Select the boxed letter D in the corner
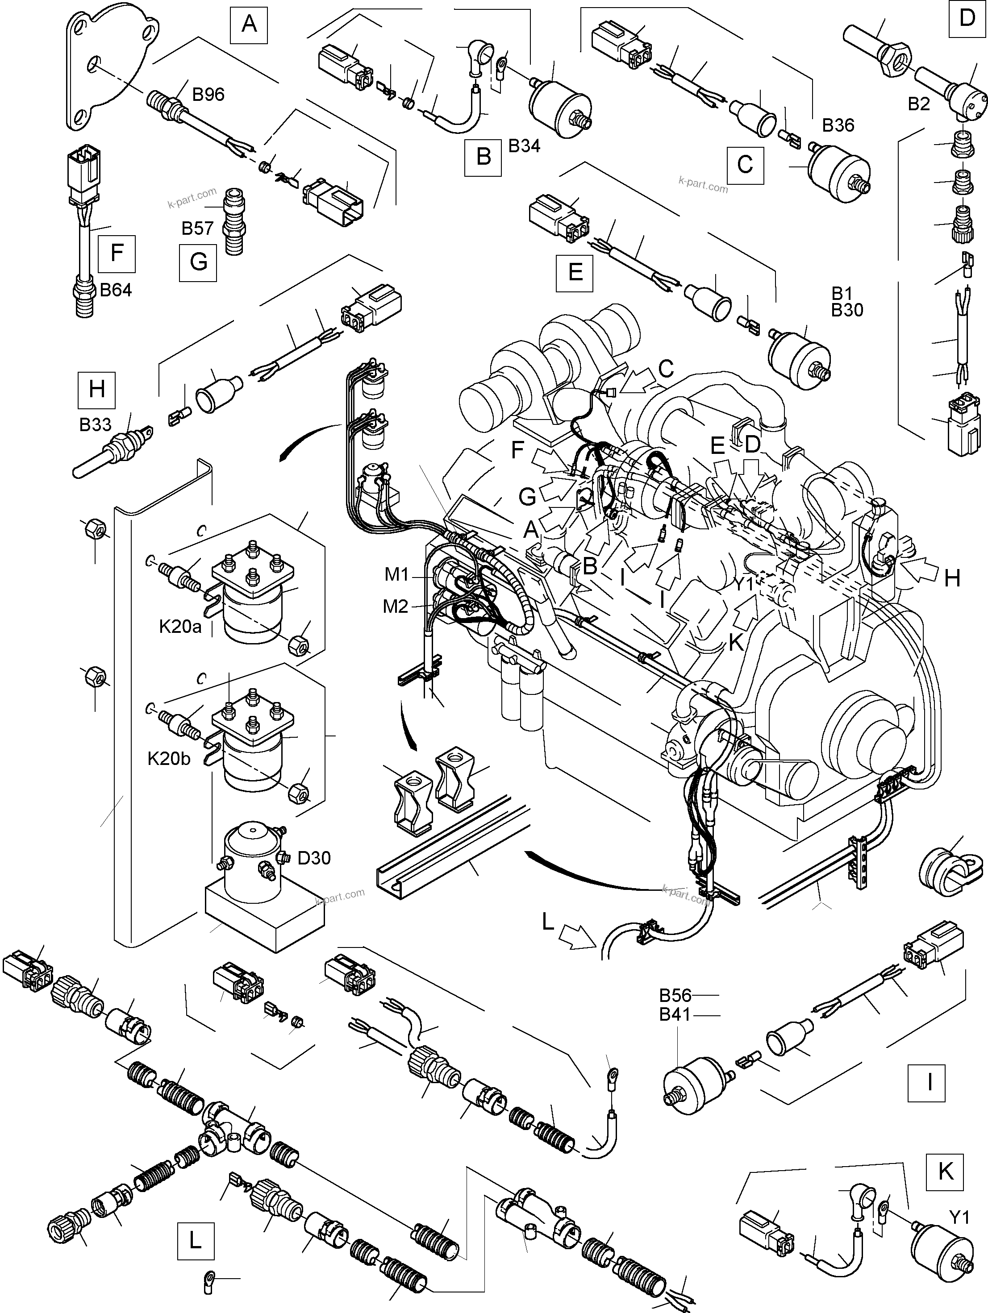click(x=967, y=18)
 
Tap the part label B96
click(x=208, y=94)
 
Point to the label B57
click(x=197, y=228)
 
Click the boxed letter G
click(x=198, y=262)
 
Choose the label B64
click(x=116, y=290)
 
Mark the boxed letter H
click(x=97, y=389)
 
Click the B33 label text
click(x=95, y=424)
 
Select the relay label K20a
click(x=180, y=626)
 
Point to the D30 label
click(x=314, y=857)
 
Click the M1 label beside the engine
click(x=396, y=574)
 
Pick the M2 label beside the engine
click(x=396, y=606)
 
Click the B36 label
click(x=838, y=125)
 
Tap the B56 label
click(x=675, y=995)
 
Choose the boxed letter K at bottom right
click(x=945, y=1171)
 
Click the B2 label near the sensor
click(x=918, y=104)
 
